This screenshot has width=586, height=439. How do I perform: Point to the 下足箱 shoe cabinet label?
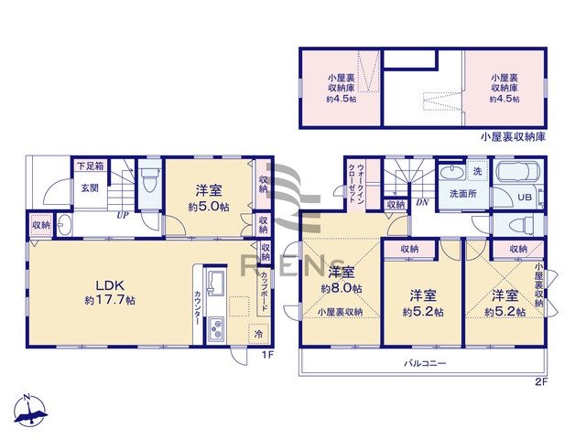pyautogui.click(x=89, y=166)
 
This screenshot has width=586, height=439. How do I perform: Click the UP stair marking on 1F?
pyautogui.click(x=121, y=216)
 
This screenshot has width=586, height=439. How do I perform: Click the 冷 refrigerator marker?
pyautogui.click(x=259, y=334)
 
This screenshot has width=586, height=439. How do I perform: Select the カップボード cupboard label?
pyautogui.click(x=265, y=291)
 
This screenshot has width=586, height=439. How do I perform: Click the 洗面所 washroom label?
pyautogui.click(x=463, y=194)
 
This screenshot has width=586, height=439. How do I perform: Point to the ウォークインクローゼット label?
pyautogui.click(x=357, y=185)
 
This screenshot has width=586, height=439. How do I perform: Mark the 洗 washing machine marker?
pyautogui.click(x=477, y=171)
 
